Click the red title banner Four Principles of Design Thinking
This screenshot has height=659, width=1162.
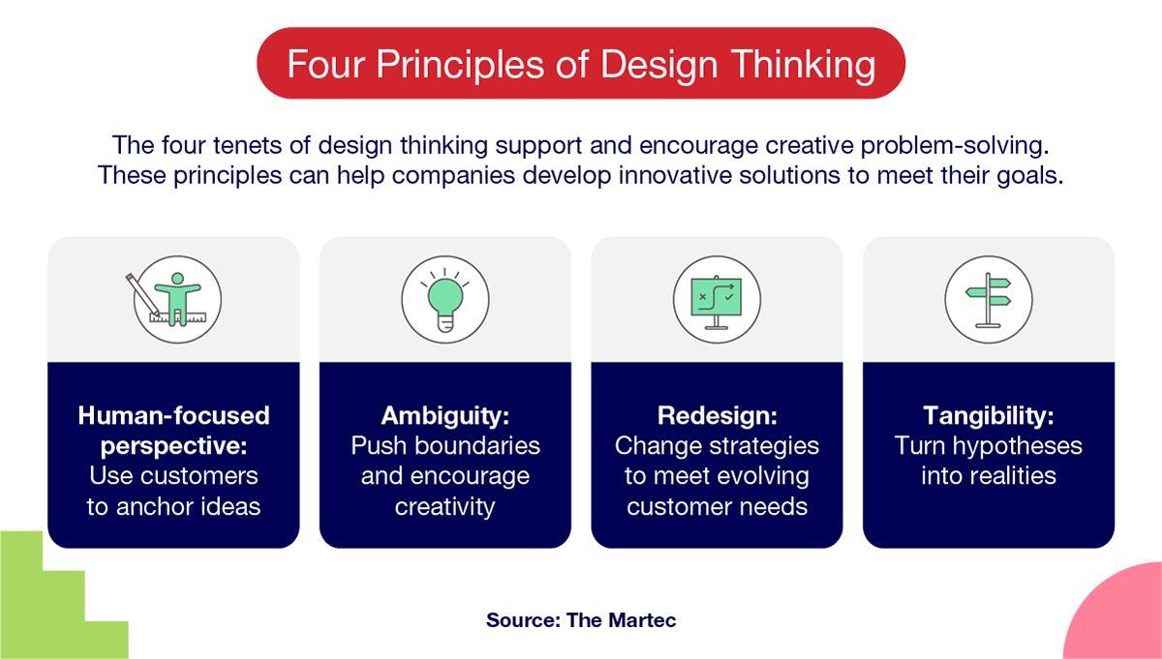581,63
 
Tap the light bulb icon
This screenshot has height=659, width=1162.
445,300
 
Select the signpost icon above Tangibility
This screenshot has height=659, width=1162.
989,300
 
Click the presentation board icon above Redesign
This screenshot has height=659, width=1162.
717,300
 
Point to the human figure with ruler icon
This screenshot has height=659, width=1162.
175,300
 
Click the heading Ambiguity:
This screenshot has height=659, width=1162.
445,415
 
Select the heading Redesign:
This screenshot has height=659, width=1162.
717,415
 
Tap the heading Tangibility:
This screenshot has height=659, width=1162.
989,415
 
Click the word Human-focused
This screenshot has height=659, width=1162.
173,415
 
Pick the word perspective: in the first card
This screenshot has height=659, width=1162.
173,446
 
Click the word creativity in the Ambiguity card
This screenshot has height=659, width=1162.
445,506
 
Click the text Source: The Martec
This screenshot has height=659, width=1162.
581,620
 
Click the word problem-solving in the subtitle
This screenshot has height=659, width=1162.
955,145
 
